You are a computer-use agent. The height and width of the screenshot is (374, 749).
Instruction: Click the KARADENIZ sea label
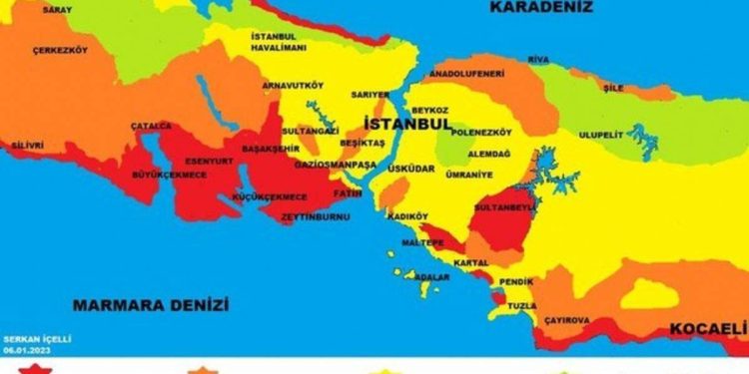(541, 7)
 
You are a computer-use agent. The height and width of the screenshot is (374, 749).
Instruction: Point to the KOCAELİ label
(707, 329)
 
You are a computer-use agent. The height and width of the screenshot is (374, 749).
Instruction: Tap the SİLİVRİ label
(27, 145)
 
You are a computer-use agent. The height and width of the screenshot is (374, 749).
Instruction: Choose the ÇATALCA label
(151, 126)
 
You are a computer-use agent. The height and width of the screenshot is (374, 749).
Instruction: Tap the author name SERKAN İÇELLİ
(37, 339)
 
